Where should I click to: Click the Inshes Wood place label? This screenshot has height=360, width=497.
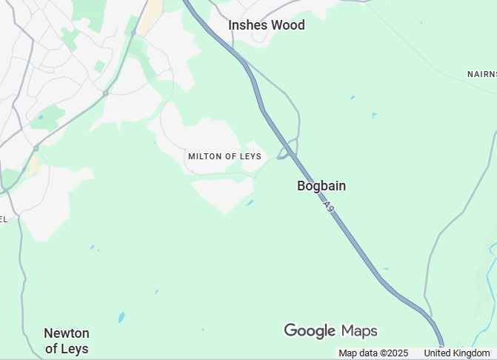click(x=266, y=25)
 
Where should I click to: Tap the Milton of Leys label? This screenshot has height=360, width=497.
click(x=224, y=156)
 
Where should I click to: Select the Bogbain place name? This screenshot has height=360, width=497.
click(x=321, y=186)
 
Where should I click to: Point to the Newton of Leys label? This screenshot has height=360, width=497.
click(x=67, y=341)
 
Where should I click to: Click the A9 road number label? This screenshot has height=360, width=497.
click(x=330, y=205)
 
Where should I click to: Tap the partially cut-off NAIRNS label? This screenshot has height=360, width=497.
click(x=481, y=74)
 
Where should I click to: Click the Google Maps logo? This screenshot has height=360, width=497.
click(x=330, y=330)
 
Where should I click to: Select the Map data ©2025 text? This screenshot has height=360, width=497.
click(x=373, y=353)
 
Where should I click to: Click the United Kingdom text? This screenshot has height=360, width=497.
click(x=457, y=353)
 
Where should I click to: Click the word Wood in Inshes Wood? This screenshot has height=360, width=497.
click(x=287, y=25)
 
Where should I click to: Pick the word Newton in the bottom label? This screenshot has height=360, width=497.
click(x=67, y=333)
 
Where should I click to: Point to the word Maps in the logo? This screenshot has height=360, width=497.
click(x=359, y=330)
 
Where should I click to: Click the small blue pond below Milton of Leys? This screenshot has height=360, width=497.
click(x=250, y=202)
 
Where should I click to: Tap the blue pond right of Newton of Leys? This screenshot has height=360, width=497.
click(x=121, y=317)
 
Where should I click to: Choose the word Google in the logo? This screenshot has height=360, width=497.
click(x=310, y=330)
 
